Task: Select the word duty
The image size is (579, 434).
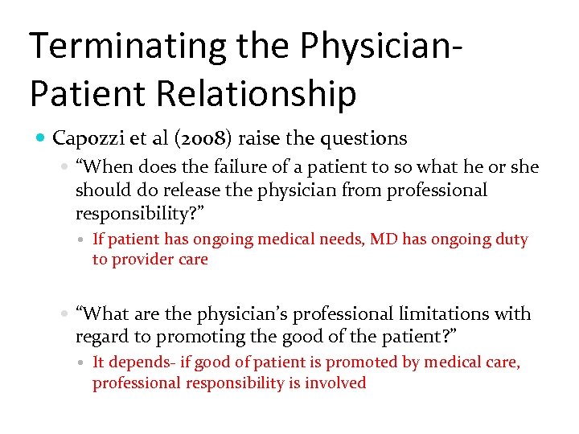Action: point(512,240)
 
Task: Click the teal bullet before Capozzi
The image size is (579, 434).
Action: point(41,139)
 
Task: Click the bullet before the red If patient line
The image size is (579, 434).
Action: point(84,240)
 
